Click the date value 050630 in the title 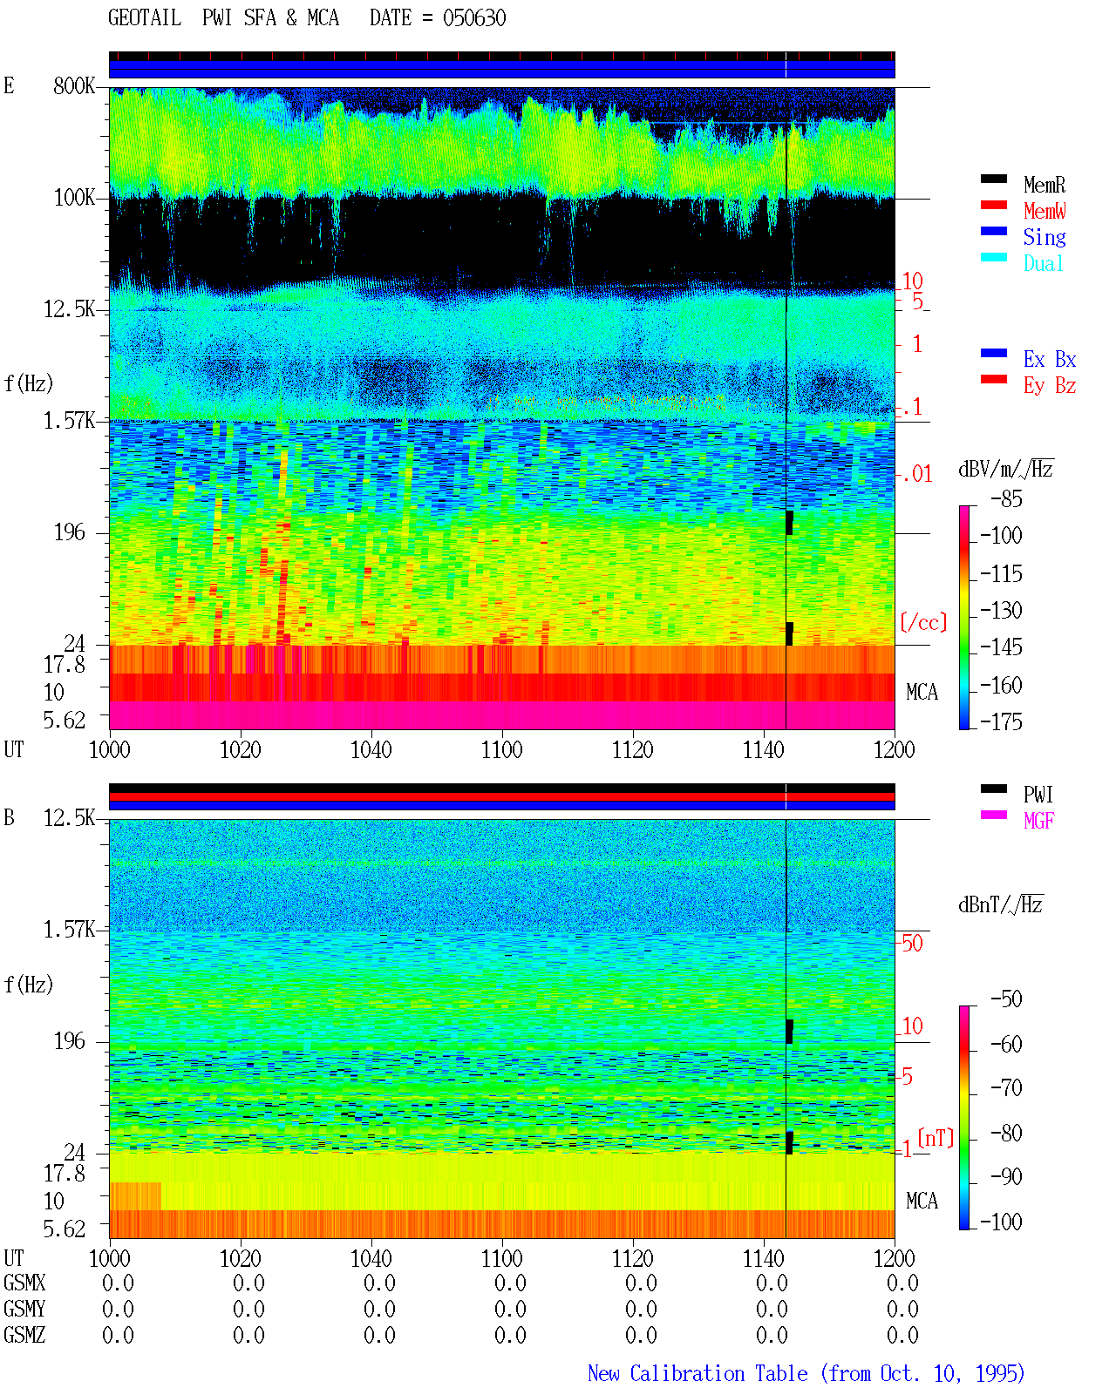[x=473, y=18]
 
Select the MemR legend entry [x=1044, y=185]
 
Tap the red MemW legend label [x=1045, y=211]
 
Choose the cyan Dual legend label [x=1043, y=263]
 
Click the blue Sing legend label [x=1044, y=237]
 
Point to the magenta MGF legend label [x=1038, y=821]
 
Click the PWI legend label [x=1038, y=794]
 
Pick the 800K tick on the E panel [x=74, y=85]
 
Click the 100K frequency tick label [x=74, y=198]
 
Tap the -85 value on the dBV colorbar [x=1005, y=498]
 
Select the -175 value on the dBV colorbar [x=1001, y=721]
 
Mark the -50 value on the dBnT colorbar [x=1005, y=999]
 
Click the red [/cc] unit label [x=923, y=622]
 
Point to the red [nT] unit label [x=936, y=1138]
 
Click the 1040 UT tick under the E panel [x=371, y=749]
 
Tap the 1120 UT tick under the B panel [x=633, y=1258]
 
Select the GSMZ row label [x=24, y=1335]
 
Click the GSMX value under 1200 [x=902, y=1283]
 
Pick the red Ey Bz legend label [x=1050, y=386]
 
